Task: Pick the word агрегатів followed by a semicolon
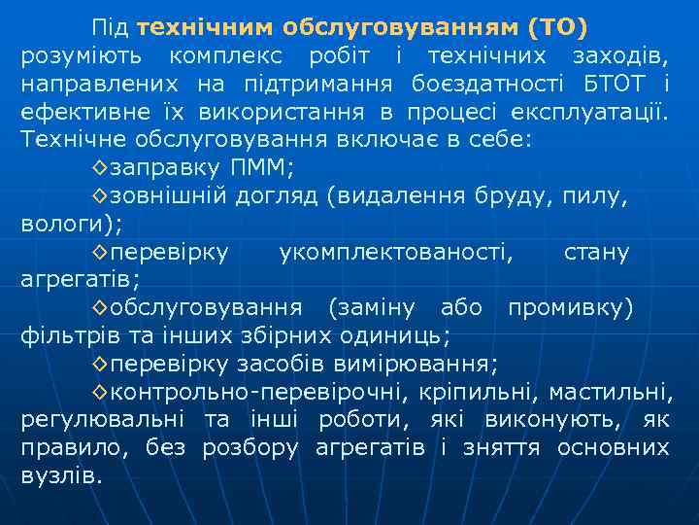pos(78,281)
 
